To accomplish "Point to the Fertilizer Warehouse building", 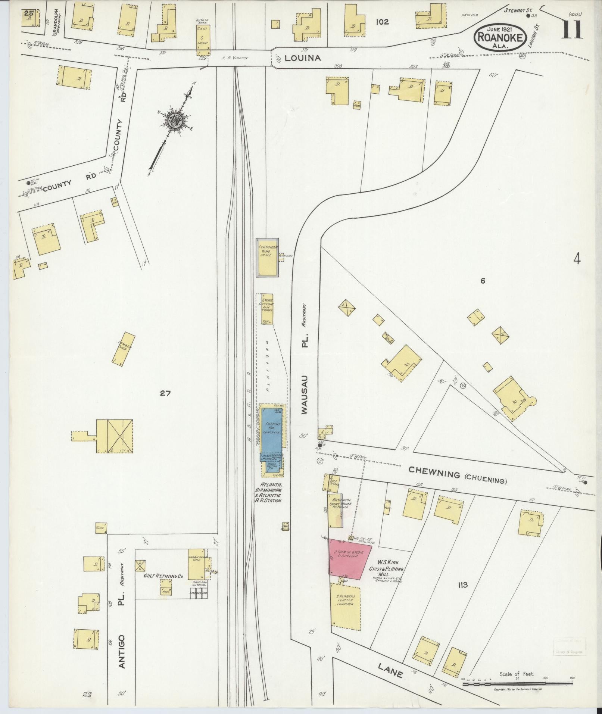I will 267,257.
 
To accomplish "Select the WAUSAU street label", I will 305,393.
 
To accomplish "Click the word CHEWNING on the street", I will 434,473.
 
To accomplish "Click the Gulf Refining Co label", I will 163,586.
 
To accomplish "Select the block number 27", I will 165,393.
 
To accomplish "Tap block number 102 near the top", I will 382,22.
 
